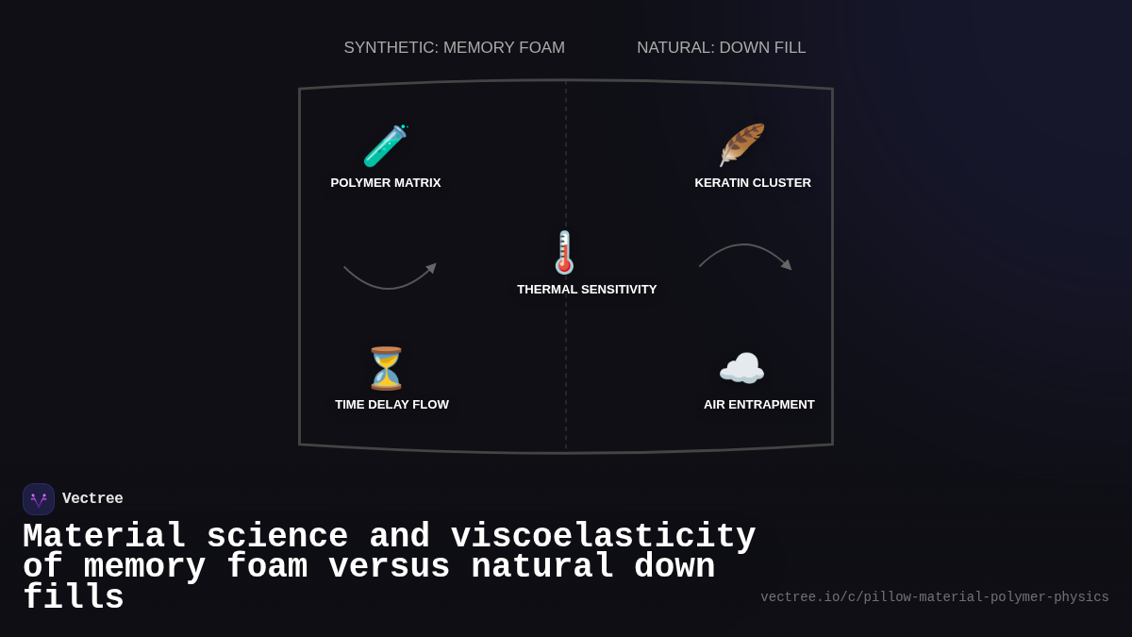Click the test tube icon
pyautogui.click(x=385, y=146)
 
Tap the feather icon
pyautogui.click(x=741, y=145)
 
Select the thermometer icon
pyautogui.click(x=564, y=253)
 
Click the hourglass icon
pyautogui.click(x=386, y=368)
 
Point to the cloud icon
pyautogui.click(x=741, y=369)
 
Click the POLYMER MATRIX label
pyautogui.click(x=386, y=183)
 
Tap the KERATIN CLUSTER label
pyautogui.click(x=753, y=183)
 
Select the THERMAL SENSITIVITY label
pyautogui.click(x=587, y=290)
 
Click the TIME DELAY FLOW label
pyautogui.click(x=391, y=405)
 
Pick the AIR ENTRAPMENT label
pyautogui.click(x=759, y=405)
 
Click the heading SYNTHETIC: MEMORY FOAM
pyautogui.click(x=455, y=48)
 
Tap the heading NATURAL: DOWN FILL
pyautogui.click(x=722, y=48)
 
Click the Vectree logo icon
pyautogui.click(x=39, y=499)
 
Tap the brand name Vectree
pyautogui.click(x=92, y=499)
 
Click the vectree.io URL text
pyautogui.click(x=935, y=597)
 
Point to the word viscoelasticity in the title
pyautogui.click(x=603, y=537)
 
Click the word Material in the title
pyautogui.click(x=104, y=537)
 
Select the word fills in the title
pyautogui.click(x=74, y=598)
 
